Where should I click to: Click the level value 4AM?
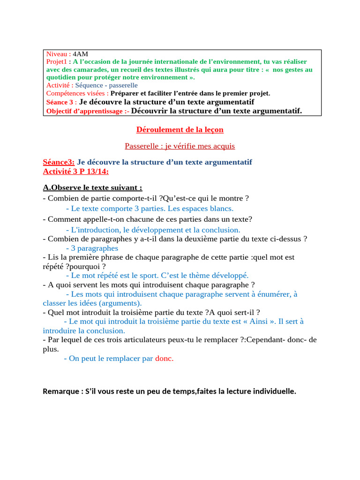[x=80, y=54]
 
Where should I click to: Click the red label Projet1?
[x=57, y=62]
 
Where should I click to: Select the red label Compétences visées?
[x=77, y=93]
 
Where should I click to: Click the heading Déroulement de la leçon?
[x=180, y=129]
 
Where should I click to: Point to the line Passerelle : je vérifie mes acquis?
[x=180, y=146]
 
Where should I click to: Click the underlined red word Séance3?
[x=59, y=162]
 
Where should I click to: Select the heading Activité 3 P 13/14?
[x=75, y=172]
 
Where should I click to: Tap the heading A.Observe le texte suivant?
[x=92, y=188]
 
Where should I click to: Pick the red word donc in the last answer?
[x=164, y=359]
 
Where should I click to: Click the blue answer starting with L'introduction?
[x=153, y=230]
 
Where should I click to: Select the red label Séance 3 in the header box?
[x=60, y=102]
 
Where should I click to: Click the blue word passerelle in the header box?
[x=123, y=85]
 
